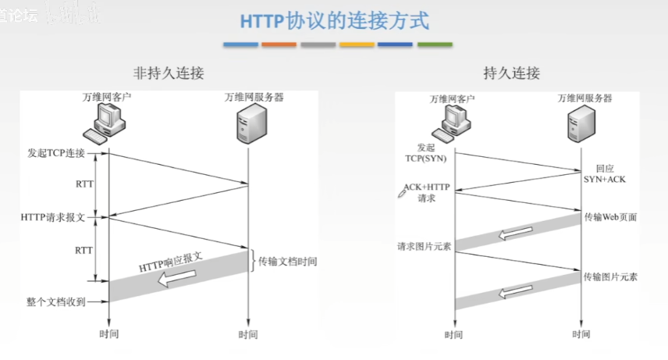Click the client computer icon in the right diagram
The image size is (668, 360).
453,123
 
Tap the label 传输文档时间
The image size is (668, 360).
288,261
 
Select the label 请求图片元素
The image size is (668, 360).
421,248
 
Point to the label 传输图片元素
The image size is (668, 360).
610,277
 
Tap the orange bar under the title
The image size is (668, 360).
279,45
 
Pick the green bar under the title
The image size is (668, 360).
434,45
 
